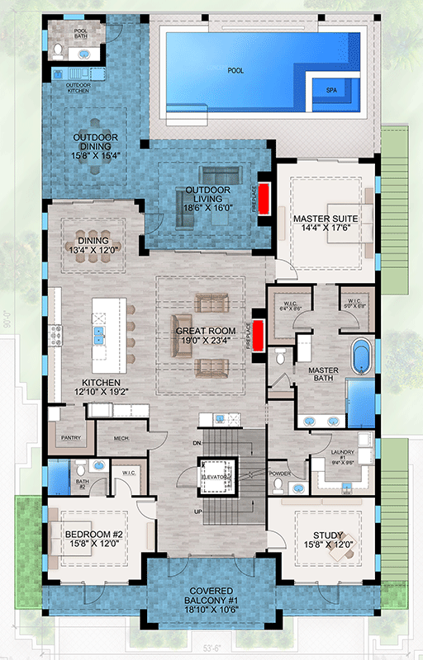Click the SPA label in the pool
(x=331, y=88)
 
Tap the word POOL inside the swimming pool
(x=236, y=71)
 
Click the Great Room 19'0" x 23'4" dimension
(x=205, y=341)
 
